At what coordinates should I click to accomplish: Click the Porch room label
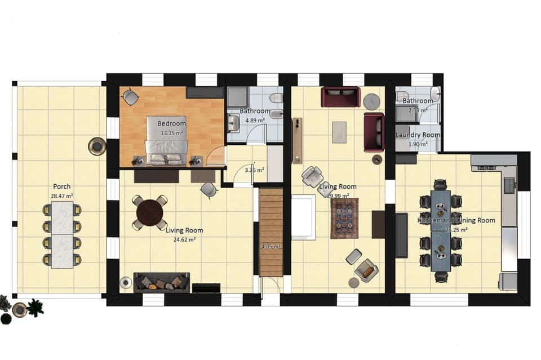click(62, 186)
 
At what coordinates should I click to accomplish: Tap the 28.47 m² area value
click(62, 195)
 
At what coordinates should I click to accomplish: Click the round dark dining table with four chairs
click(150, 212)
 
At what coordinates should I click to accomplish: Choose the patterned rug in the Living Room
click(344, 218)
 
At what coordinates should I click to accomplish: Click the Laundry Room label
click(418, 135)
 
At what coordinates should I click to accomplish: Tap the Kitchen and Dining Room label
click(456, 220)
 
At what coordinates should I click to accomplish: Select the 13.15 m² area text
click(172, 133)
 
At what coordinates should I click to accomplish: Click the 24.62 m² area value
click(184, 239)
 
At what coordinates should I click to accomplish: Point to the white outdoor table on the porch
click(62, 234)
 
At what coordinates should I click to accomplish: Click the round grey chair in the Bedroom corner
click(131, 98)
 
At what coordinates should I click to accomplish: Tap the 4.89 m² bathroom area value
click(255, 120)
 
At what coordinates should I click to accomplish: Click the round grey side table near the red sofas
click(372, 101)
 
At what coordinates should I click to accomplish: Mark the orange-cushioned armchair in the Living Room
click(367, 271)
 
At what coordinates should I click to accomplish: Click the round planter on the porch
click(97, 146)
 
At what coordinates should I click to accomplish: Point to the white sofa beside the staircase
click(303, 217)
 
